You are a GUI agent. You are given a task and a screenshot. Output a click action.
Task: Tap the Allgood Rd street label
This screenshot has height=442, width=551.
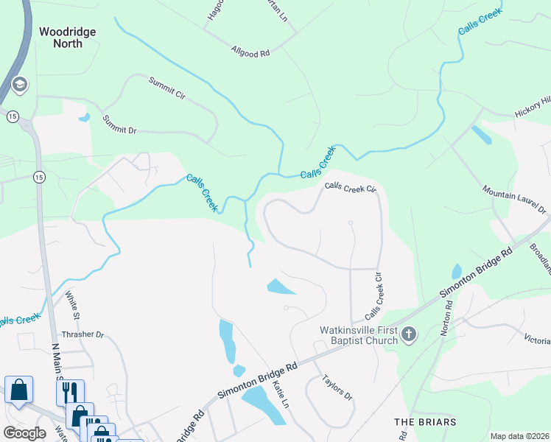[250, 52]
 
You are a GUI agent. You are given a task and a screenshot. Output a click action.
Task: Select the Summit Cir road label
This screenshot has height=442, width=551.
[166, 88]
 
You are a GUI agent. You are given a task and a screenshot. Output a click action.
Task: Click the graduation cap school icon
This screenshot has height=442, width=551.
[20, 85]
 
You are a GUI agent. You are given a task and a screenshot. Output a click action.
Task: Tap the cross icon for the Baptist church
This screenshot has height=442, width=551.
[410, 336]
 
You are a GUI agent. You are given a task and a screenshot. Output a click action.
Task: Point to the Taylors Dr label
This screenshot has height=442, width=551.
[338, 387]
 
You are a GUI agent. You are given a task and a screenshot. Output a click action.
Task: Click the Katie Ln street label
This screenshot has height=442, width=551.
[281, 394]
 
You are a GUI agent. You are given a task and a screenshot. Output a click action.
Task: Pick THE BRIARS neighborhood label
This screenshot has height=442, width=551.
[425, 422]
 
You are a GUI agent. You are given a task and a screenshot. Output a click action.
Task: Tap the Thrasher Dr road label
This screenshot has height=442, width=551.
[83, 334]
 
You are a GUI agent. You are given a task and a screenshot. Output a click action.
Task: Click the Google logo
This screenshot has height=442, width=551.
[24, 433]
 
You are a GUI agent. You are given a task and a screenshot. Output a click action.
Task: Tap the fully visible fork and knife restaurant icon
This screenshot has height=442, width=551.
[70, 390]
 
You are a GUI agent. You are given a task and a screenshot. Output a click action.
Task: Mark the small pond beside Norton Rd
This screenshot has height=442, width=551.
[457, 272]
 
